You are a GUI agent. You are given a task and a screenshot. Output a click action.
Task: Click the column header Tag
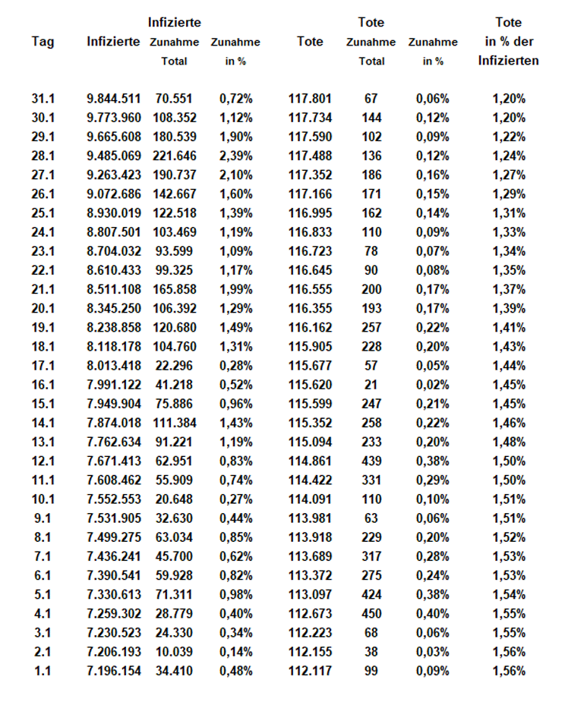[43, 42]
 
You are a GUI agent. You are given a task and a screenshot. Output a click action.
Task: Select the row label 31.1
[44, 99]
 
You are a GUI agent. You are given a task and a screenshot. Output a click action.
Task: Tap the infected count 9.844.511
[114, 99]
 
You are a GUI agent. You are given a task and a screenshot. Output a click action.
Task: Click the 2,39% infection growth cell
[235, 156]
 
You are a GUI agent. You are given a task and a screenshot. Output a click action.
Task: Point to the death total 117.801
[311, 99]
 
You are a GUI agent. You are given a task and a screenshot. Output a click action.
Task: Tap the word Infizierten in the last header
[509, 61]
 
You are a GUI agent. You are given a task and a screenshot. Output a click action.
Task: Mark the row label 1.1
[43, 671]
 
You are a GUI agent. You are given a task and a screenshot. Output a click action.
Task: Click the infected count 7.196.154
[114, 671]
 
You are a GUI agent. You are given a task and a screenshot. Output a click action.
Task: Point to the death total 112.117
[311, 671]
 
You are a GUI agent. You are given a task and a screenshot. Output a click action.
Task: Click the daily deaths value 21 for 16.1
[371, 385]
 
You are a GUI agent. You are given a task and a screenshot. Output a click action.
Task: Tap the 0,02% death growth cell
[432, 385]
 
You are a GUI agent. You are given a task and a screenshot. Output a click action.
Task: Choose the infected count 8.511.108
[114, 289]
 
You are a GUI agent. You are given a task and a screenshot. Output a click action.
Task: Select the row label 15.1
[44, 404]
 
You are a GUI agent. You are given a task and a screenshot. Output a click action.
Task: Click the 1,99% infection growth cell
[235, 289]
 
